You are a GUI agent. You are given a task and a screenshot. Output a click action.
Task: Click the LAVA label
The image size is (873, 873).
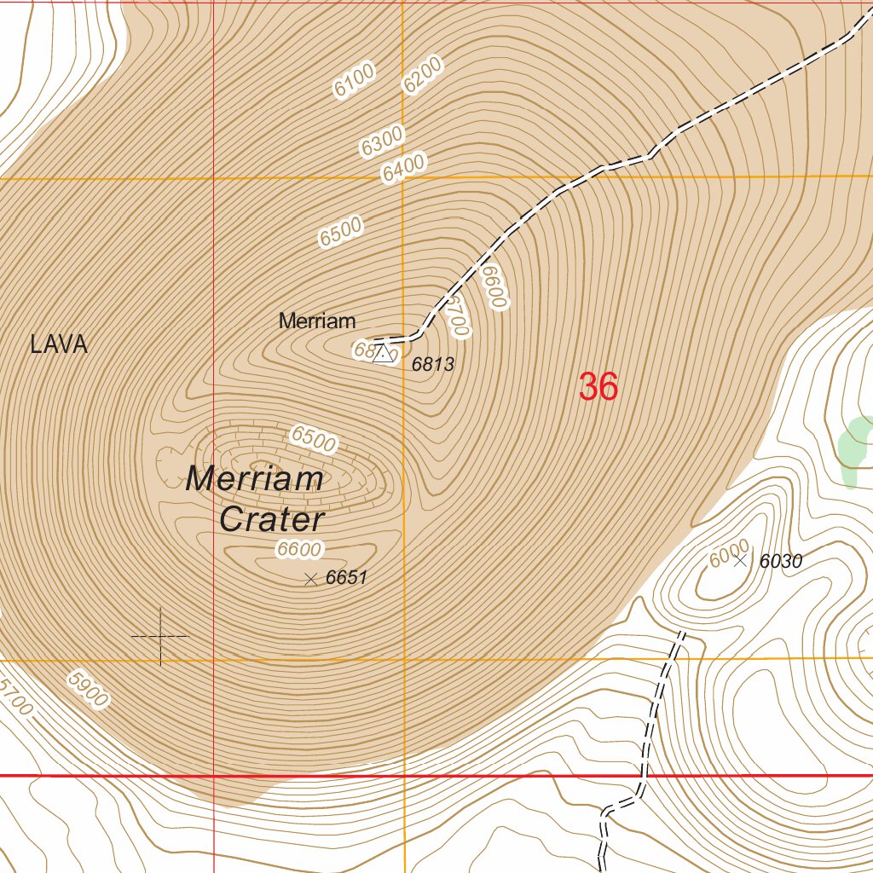pyautogui.click(x=59, y=344)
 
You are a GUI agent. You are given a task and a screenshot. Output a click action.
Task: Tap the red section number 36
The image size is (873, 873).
pyautogui.click(x=598, y=387)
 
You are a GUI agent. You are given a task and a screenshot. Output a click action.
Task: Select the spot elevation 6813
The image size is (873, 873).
pyautogui.click(x=433, y=365)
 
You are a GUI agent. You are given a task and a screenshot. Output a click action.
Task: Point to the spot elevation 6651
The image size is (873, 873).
pyautogui.click(x=346, y=577)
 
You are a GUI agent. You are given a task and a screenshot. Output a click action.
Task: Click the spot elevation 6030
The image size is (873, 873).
pyautogui.click(x=781, y=561)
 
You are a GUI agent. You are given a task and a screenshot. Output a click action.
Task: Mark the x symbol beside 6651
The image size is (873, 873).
pyautogui.click(x=310, y=579)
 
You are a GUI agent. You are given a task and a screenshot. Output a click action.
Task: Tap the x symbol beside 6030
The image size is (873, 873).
pyautogui.click(x=740, y=560)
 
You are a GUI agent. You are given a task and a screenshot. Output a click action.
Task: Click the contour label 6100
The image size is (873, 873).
pyautogui.click(x=355, y=82)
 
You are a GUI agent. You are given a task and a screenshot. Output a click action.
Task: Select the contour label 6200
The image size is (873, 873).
pyautogui.click(x=423, y=75)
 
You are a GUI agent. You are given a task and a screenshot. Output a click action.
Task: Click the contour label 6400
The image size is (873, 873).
pyautogui.click(x=403, y=167)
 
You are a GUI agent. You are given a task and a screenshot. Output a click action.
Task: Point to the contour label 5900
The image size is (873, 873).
pyautogui.click(x=88, y=689)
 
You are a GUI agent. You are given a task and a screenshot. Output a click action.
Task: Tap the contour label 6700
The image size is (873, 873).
pyautogui.click(x=457, y=315)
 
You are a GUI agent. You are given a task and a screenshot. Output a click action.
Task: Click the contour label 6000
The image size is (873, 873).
pyautogui.click(x=729, y=553)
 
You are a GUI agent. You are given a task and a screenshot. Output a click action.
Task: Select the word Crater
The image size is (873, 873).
pyautogui.click(x=272, y=520)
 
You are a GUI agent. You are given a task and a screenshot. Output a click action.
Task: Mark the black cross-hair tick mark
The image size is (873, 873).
pyautogui.click(x=160, y=636)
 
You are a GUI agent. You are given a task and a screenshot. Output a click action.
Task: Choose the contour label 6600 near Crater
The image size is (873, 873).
pyautogui.click(x=298, y=550)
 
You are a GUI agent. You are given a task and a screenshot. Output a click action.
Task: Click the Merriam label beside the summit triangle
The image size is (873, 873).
pyautogui.click(x=317, y=321)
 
